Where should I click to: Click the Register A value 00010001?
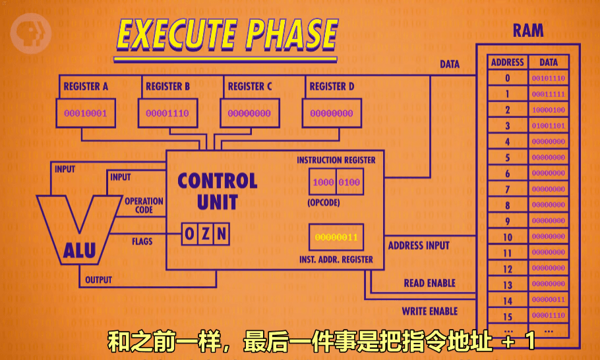coord(85,113)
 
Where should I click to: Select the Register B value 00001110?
coord(167,113)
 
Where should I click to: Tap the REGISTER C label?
coord(250,86)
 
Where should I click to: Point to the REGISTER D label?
coord(332,86)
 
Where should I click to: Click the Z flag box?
coord(206,233)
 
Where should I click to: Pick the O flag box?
coord(190,233)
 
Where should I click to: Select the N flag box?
coord(222,233)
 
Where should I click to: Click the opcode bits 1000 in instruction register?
coord(323,182)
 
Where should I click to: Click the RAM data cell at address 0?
coord(549,78)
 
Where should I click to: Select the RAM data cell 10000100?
coord(549,110)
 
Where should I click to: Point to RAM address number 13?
coord(508,285)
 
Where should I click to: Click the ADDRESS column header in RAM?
coord(508,63)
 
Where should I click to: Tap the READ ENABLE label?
coord(429,283)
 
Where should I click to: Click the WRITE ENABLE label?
coord(429,311)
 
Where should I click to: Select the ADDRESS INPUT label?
coord(419,245)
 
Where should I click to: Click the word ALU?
coord(80,251)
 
